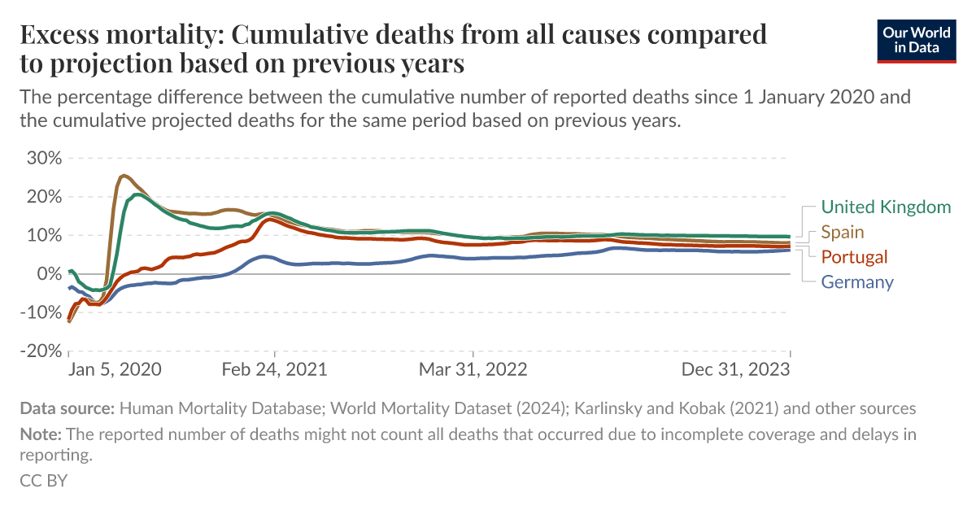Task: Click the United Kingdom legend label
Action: click(x=886, y=207)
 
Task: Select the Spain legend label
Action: click(x=843, y=232)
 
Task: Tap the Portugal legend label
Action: click(x=854, y=257)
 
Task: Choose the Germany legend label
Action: click(x=857, y=282)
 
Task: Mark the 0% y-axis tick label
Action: click(x=48, y=274)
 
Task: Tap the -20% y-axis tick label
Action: click(x=40, y=351)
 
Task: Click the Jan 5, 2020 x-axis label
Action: click(x=115, y=369)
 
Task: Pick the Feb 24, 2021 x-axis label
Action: click(x=274, y=369)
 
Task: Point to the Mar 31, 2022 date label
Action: click(x=473, y=369)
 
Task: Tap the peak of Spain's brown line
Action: click(x=123, y=175)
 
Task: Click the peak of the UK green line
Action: click(x=138, y=194)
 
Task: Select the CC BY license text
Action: click(x=43, y=480)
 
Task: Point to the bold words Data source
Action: click(x=68, y=408)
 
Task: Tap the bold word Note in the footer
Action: click(x=39, y=434)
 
